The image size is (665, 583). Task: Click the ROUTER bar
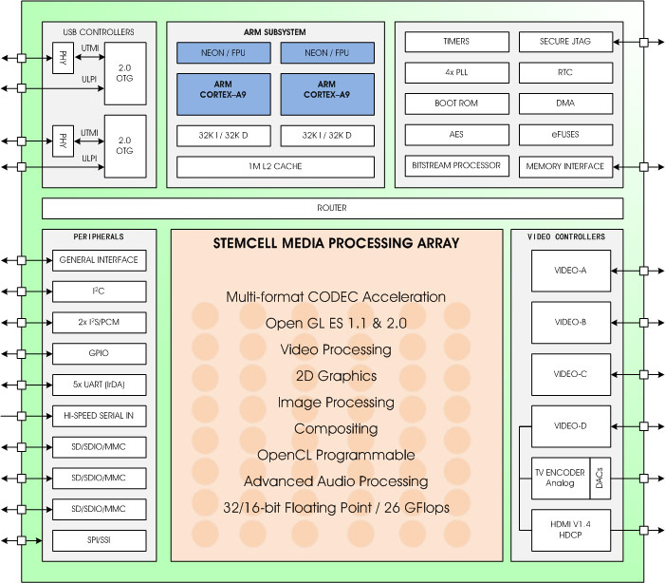[332, 208]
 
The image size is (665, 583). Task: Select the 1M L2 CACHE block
[275, 166]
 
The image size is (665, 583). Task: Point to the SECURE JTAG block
[565, 42]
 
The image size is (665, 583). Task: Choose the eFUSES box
[565, 134]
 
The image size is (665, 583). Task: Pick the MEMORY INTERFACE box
[565, 166]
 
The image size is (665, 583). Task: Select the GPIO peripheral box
[99, 354]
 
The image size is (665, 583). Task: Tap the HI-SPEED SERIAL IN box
[99, 416]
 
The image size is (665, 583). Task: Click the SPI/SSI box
[99, 540]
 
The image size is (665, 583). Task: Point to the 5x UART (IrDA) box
[99, 385]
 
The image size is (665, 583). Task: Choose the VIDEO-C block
[571, 374]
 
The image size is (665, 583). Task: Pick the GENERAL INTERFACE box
[99, 260]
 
